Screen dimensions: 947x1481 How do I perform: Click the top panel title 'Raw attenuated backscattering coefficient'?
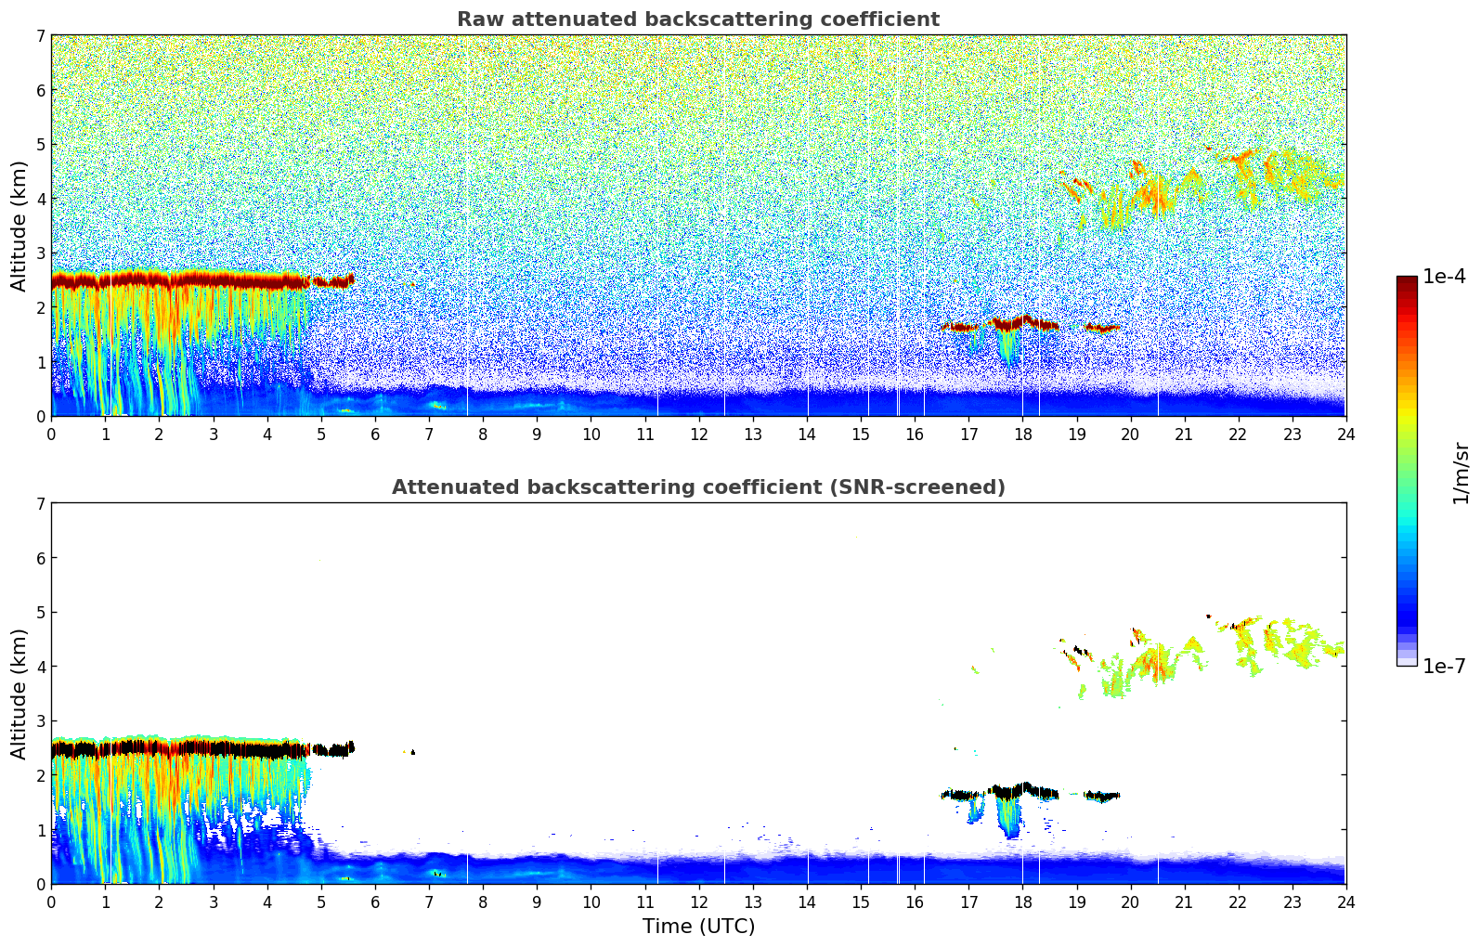coord(698,19)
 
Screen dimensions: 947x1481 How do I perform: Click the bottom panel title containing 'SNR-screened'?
coord(698,487)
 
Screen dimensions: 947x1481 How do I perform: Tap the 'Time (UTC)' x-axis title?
coord(698,927)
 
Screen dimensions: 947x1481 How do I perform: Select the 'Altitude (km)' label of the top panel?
coord(19,226)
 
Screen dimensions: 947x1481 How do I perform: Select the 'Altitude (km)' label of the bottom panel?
coord(19,694)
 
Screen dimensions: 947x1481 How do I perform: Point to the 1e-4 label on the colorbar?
coord(1444,277)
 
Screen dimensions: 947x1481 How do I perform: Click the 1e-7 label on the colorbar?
coord(1444,667)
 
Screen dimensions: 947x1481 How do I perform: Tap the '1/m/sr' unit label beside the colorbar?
coord(1461,472)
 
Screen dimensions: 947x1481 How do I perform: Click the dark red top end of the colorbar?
coord(1407,280)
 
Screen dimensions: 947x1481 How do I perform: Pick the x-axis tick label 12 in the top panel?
coord(699,435)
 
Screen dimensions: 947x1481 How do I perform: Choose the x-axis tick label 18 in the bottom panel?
coord(1022,902)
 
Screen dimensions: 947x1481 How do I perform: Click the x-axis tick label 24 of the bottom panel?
coord(1345,902)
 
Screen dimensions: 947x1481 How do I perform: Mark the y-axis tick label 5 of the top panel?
coord(41,144)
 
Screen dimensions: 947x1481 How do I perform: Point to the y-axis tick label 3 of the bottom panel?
coord(41,721)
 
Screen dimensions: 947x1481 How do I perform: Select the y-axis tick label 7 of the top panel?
coord(41,36)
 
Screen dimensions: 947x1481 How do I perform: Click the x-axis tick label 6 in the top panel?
coord(375,435)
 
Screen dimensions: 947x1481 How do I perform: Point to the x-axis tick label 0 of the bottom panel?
coord(51,902)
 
